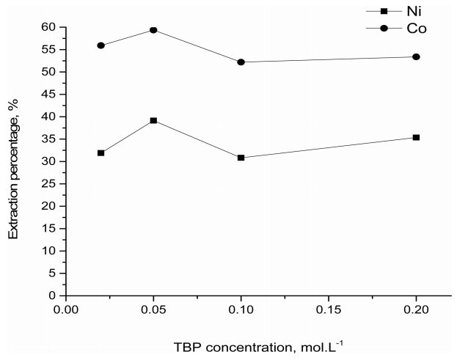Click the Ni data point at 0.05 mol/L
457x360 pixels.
tap(153, 120)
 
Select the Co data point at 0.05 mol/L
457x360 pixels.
tap(153, 30)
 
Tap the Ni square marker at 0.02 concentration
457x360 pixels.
tap(100, 153)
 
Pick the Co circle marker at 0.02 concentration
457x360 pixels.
tap(100, 45)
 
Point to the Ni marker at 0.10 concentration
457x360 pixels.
tap(241, 158)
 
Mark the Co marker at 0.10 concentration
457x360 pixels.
tap(241, 62)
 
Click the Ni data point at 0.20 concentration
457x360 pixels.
tap(416, 137)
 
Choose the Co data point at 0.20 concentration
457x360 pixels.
tap(416, 56)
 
